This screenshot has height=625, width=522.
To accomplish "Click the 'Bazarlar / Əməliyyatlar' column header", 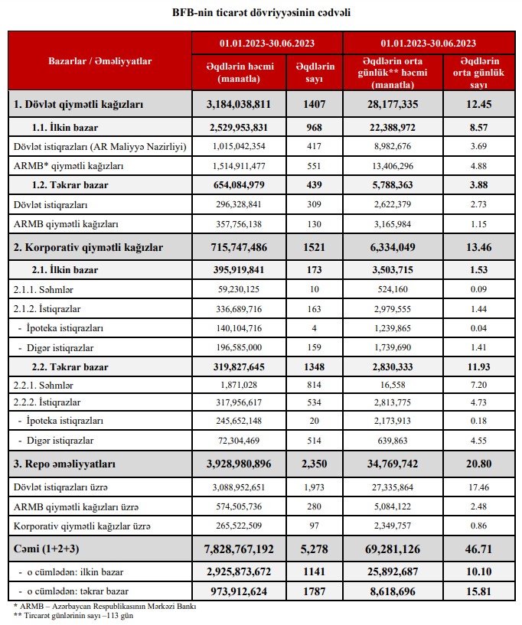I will point(100,61).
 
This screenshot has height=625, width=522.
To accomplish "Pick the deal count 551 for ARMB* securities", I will point(315,166).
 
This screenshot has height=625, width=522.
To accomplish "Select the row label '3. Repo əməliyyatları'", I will point(64,464).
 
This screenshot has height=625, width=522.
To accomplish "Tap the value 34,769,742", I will point(403,464).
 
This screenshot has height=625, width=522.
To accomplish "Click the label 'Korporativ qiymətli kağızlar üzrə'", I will point(78,527).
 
